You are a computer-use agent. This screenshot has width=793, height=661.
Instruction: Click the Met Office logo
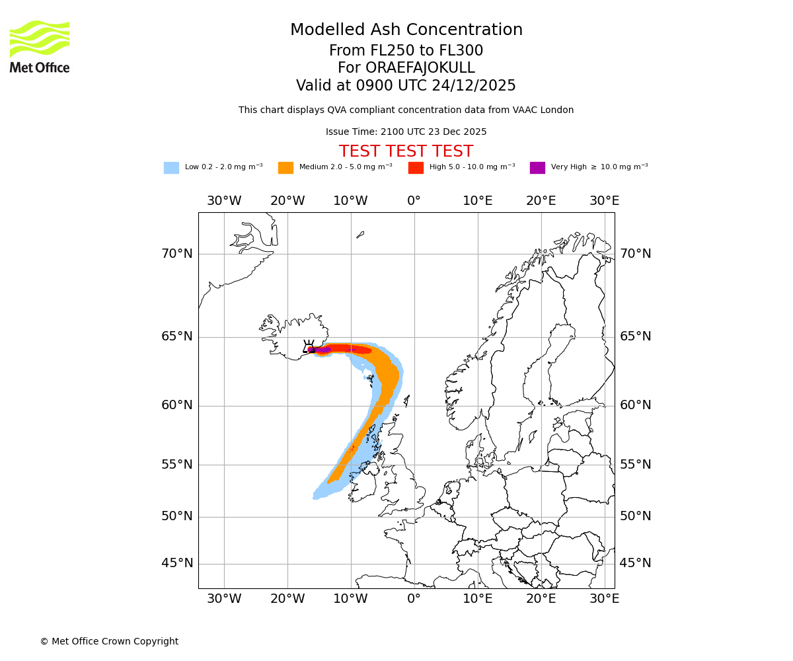(40, 46)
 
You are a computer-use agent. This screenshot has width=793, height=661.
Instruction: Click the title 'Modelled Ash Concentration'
(406, 30)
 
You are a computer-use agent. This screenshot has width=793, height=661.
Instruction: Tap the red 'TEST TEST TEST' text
(406, 151)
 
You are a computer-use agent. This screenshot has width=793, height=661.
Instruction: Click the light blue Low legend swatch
(171, 168)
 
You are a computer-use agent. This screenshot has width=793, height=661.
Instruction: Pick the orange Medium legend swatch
(285, 168)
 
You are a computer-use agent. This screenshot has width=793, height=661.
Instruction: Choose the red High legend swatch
(416, 168)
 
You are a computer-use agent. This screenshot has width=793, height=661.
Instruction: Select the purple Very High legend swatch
(537, 168)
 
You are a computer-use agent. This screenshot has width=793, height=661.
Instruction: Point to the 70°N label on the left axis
(177, 254)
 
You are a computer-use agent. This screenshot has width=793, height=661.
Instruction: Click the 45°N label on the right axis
(635, 563)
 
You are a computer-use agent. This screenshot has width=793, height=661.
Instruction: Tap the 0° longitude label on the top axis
(414, 201)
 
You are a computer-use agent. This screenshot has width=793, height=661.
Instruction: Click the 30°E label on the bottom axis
(604, 599)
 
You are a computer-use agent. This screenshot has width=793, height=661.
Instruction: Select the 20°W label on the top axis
(287, 201)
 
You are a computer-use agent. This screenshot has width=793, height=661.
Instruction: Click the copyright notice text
(109, 641)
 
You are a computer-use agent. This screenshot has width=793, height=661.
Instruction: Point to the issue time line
(406, 132)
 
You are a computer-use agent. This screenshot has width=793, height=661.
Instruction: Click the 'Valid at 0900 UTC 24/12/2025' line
(406, 86)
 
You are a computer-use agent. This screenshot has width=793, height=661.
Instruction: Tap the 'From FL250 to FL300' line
(406, 51)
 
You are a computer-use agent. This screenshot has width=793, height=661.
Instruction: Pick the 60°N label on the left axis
(177, 405)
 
